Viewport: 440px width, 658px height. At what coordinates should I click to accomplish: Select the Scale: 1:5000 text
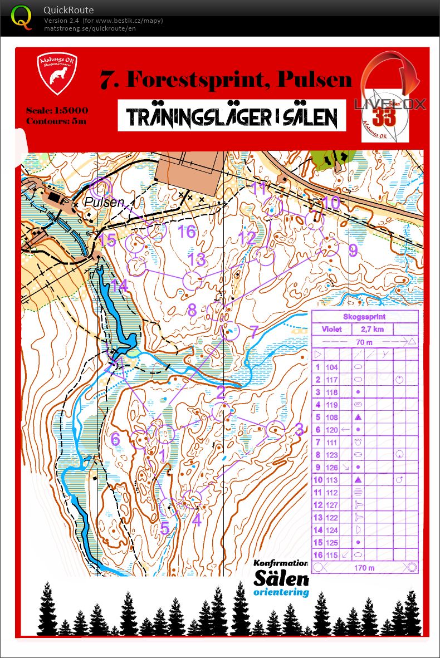tap(57, 110)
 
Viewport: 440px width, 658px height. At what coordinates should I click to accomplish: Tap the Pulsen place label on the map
tap(105, 202)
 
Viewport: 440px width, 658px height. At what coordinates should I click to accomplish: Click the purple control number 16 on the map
tap(187, 232)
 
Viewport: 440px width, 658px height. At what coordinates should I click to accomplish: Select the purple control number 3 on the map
tap(299, 429)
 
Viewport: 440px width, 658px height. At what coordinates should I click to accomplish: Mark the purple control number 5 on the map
tap(165, 527)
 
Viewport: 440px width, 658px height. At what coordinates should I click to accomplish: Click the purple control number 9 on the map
tap(353, 251)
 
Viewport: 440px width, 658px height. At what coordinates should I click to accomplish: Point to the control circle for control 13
tap(192, 281)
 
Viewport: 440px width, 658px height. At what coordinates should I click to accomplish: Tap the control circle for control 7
tap(229, 332)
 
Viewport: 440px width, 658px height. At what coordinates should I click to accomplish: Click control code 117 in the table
tap(332, 380)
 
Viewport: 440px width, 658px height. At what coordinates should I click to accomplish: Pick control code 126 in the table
tap(332, 467)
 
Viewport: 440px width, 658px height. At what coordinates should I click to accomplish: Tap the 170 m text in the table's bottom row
tap(365, 568)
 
